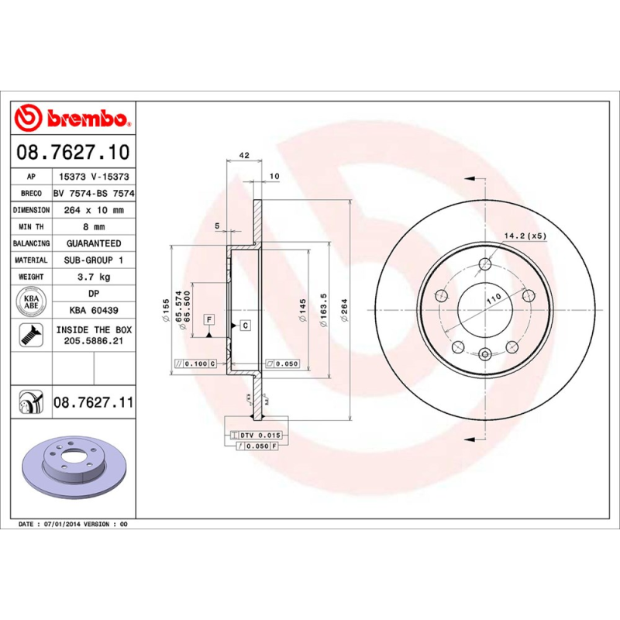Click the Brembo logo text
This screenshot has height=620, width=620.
[x=87, y=119]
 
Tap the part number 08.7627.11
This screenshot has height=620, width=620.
[x=93, y=403]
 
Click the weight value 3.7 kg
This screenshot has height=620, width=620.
[x=93, y=277]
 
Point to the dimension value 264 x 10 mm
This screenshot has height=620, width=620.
[x=93, y=210]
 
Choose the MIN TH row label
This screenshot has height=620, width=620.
[x=31, y=227]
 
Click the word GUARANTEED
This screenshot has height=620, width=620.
[x=93, y=243]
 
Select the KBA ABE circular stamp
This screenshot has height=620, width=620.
[x=31, y=301]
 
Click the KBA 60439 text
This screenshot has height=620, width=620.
[x=93, y=310]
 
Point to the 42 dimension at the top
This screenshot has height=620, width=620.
[x=243, y=156]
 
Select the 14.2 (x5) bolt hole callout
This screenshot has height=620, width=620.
[x=525, y=235]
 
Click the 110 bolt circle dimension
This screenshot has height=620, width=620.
[x=492, y=298]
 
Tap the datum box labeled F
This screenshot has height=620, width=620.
[x=208, y=319]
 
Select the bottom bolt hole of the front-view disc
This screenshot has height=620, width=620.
[x=485, y=355]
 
